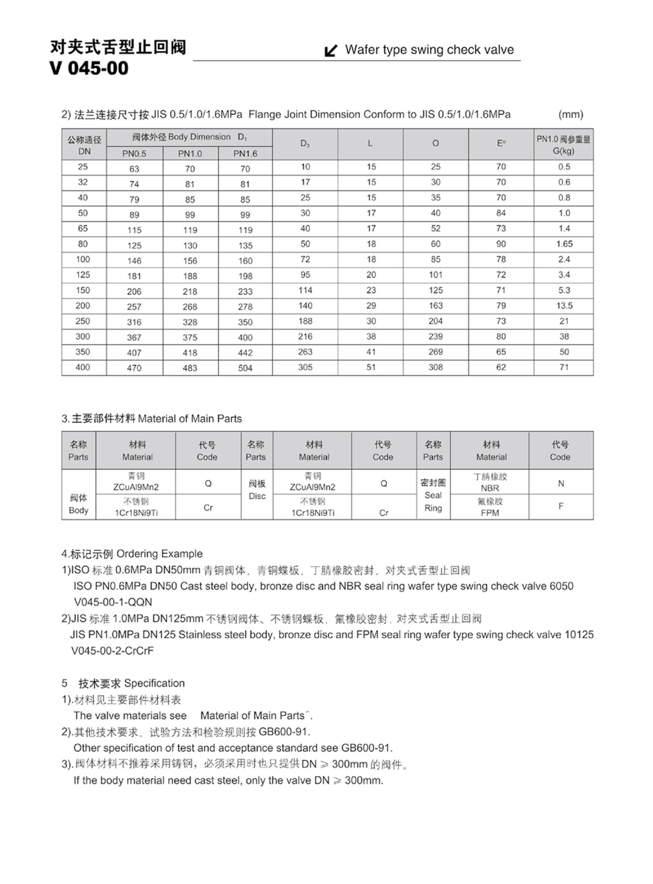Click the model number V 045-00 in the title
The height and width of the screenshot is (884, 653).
pos(89,68)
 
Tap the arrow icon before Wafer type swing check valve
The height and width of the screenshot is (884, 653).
pos(331,51)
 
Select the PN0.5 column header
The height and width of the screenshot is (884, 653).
pos(134,153)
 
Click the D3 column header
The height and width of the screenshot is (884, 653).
pos(305,143)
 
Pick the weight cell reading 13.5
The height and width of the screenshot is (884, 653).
pos(564,306)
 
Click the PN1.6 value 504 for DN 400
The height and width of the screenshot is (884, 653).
pos(245,368)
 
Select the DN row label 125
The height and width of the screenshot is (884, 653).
pos(83,275)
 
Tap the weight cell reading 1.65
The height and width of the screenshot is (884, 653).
pos(564,244)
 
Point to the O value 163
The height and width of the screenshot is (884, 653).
pos(435,306)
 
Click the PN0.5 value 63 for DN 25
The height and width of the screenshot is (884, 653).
pos(134,169)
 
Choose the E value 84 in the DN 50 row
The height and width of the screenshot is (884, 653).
pos(501,213)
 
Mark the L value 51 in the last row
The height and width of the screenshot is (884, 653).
pos(371,367)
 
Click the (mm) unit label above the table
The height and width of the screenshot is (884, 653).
pos(571,115)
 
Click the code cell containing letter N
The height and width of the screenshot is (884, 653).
pos(561,484)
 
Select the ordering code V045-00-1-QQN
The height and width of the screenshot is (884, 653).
pos(113,602)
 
